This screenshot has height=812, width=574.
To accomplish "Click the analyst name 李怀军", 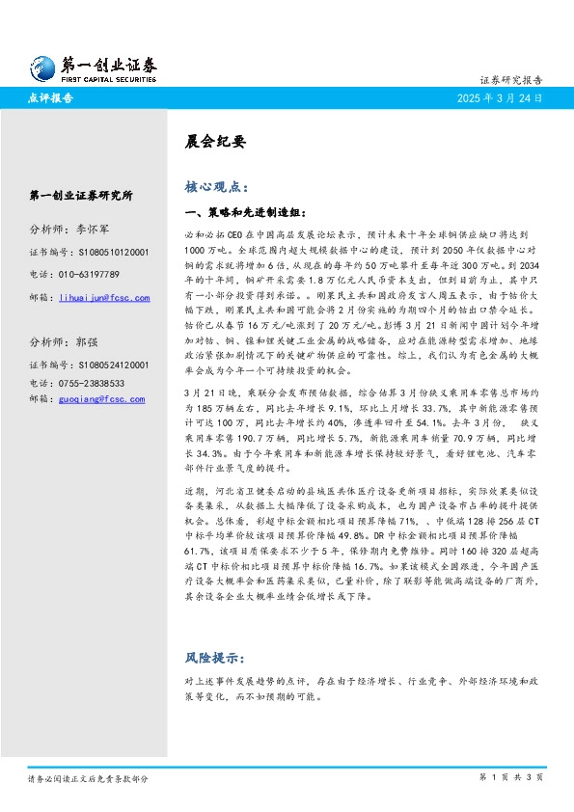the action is pyautogui.click(x=96, y=230).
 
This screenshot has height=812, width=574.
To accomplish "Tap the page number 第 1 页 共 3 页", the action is pyautogui.click(x=511, y=776).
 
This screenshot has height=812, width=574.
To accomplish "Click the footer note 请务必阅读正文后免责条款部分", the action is pyautogui.click(x=88, y=777).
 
